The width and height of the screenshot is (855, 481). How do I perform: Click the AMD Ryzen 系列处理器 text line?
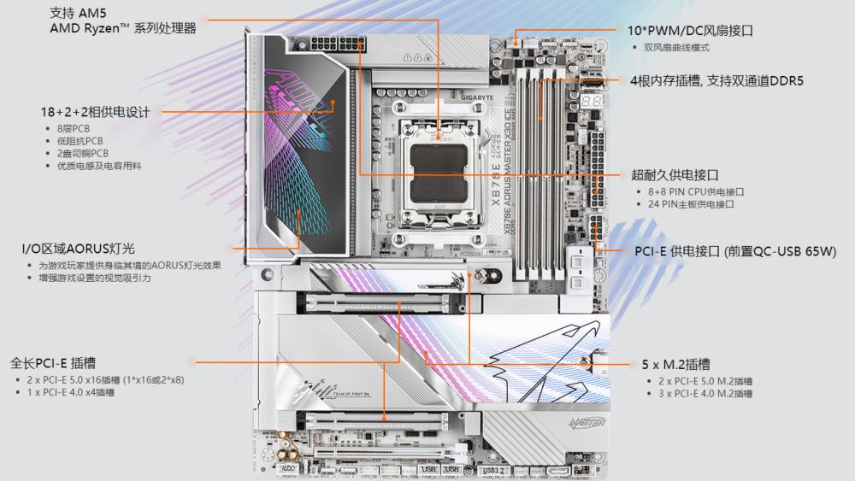(123, 28)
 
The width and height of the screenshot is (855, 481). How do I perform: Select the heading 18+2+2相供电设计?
(95, 112)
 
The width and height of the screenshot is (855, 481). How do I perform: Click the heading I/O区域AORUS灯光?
(79, 249)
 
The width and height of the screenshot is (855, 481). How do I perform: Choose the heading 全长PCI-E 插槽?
(65, 362)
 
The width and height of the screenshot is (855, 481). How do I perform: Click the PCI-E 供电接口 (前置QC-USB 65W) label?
(735, 251)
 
